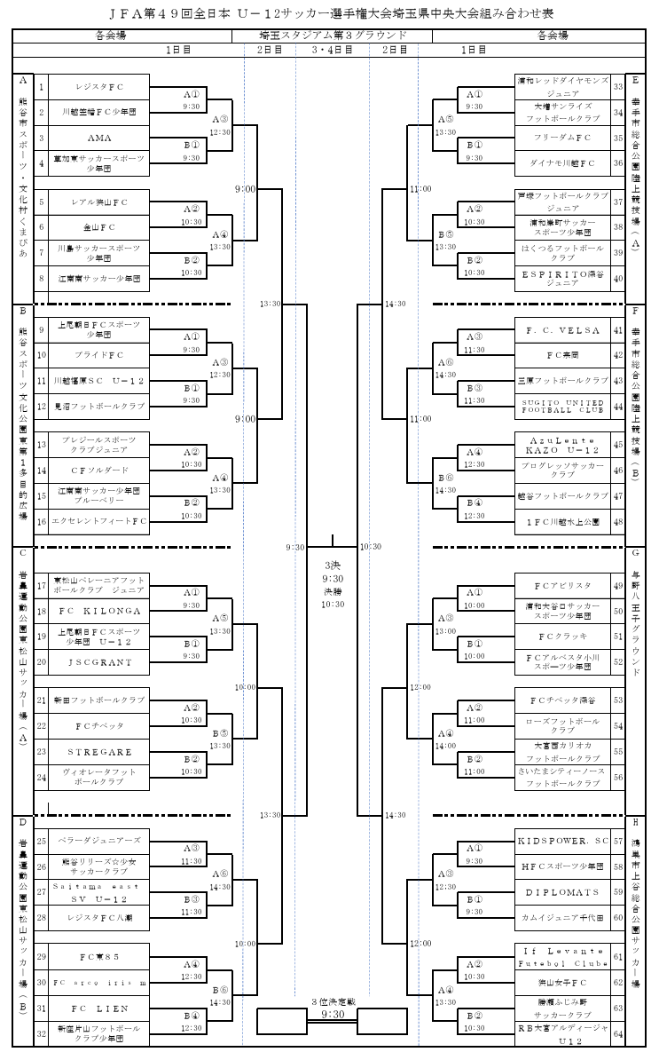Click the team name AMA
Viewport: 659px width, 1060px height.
pos(98,138)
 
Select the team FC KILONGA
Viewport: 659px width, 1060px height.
pos(98,612)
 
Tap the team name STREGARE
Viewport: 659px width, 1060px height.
pos(98,752)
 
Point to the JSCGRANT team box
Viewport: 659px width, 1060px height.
pos(98,662)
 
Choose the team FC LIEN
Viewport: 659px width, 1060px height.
pos(98,1009)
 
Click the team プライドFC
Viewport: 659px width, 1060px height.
pos(98,355)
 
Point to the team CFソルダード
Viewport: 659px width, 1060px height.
pos(98,471)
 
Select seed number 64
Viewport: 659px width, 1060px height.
pos(617,1033)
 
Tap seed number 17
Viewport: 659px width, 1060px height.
pos(41,587)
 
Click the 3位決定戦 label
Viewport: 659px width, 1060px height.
pos(333,1001)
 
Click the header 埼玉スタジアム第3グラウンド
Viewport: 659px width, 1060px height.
pos(333,36)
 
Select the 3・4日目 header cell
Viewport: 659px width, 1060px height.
pos(333,51)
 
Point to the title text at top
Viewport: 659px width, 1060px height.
pos(329,13)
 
